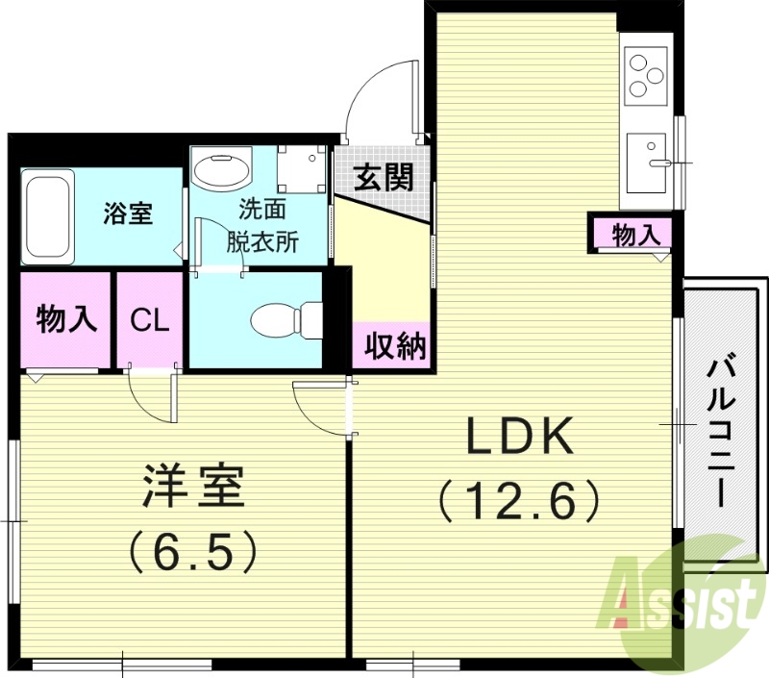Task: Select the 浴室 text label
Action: (128, 213)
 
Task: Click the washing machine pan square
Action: (300, 167)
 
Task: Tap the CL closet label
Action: (150, 320)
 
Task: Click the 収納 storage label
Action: (394, 346)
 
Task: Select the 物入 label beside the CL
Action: (66, 319)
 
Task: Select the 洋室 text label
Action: (192, 489)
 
